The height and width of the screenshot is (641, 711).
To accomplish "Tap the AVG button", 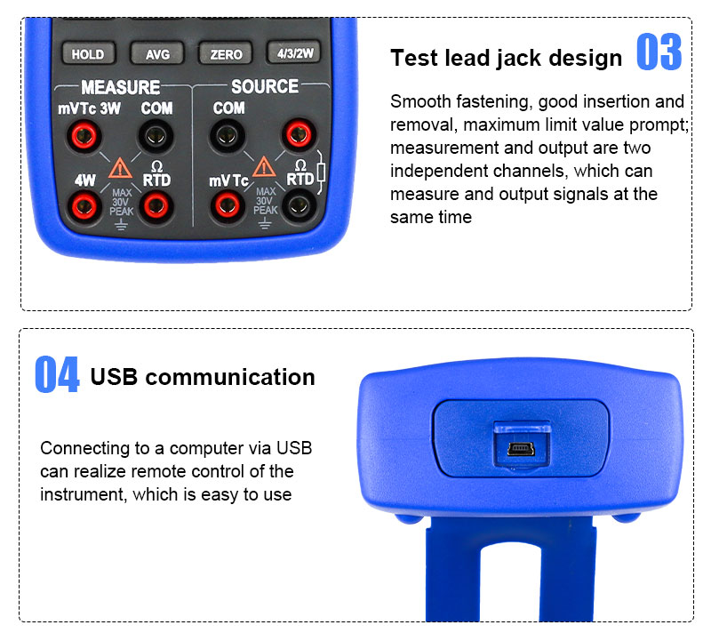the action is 157,53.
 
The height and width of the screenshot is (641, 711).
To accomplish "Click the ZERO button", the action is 226,53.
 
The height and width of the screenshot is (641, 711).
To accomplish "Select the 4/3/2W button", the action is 295,52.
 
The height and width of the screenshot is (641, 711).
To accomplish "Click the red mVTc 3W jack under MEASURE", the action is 84,135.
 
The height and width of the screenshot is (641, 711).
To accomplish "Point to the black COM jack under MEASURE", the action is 156,135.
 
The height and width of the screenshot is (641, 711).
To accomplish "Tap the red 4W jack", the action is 84,207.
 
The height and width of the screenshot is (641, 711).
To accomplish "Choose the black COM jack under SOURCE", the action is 228,135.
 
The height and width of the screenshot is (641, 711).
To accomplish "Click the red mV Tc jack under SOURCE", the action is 228,206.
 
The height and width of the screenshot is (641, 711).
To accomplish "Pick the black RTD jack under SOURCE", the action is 299,206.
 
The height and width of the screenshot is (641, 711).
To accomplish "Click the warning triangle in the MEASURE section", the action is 120,168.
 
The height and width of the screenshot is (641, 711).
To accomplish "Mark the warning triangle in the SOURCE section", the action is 264,167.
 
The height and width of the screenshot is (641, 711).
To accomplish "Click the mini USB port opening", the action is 521,449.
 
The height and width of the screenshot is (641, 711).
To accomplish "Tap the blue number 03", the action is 659,52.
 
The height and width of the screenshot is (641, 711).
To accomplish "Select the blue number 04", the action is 57,374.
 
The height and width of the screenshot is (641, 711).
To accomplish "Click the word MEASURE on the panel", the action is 121,87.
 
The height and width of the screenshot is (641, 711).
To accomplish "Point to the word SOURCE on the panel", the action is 265,86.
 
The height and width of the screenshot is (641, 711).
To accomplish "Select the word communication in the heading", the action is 230,377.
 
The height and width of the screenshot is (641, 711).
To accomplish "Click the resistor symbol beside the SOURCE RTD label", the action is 321,172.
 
